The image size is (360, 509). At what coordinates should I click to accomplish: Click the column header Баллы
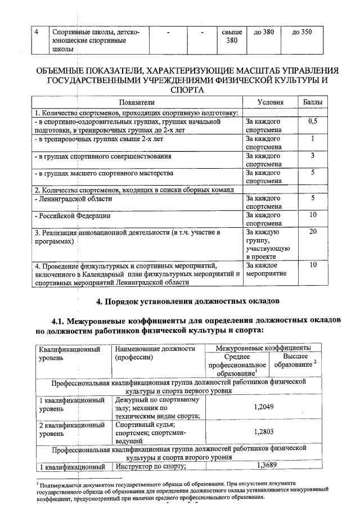(313, 102)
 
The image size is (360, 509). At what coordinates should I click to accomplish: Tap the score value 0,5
(313, 121)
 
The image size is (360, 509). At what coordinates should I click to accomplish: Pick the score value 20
(313, 231)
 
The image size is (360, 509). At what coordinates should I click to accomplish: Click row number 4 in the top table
(36, 32)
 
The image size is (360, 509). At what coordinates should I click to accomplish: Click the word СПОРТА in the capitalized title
(187, 89)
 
